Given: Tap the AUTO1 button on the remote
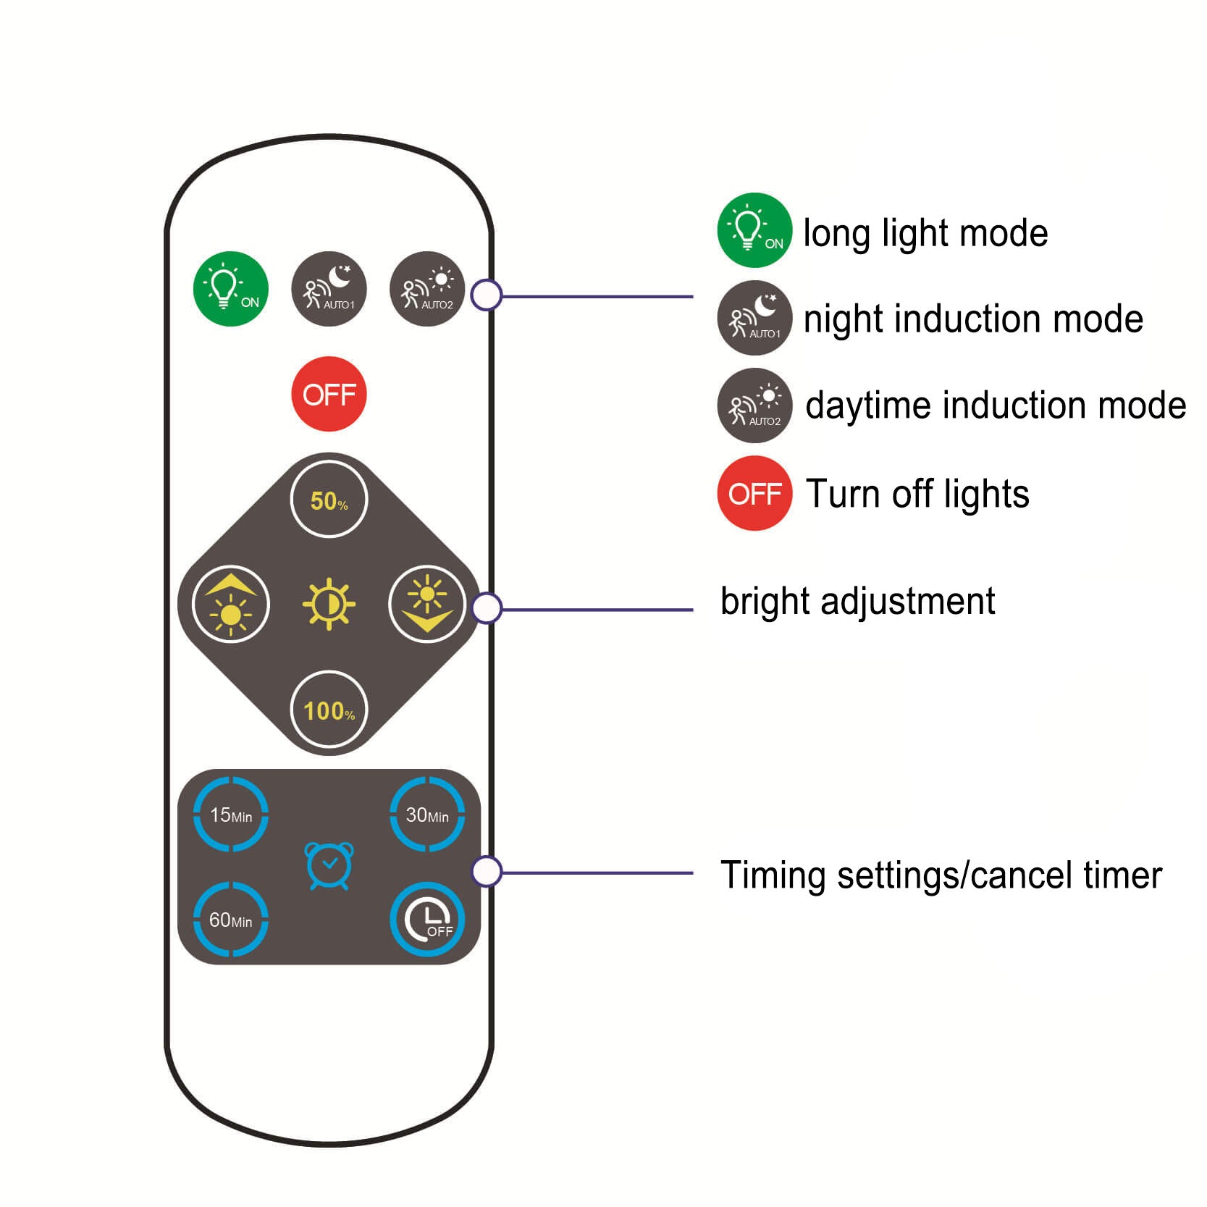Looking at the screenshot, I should (x=329, y=289).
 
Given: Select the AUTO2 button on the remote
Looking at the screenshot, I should (x=426, y=289).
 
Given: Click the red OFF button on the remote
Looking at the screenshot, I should (x=329, y=394).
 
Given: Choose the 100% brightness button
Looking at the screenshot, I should (x=329, y=710).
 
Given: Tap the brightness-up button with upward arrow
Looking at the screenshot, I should (x=230, y=603).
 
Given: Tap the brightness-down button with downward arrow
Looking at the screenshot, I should (x=426, y=603).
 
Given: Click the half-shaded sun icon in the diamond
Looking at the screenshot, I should (x=329, y=603).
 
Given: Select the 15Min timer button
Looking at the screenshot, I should (x=230, y=815).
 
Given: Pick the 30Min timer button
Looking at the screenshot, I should (x=427, y=815).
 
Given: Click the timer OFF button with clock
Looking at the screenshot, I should (x=427, y=920).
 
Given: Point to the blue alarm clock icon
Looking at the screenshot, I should (x=329, y=865).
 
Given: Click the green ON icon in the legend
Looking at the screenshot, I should (x=754, y=230).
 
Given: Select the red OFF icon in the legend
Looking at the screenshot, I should (x=754, y=493).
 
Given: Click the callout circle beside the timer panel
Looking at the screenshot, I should (x=487, y=871).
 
